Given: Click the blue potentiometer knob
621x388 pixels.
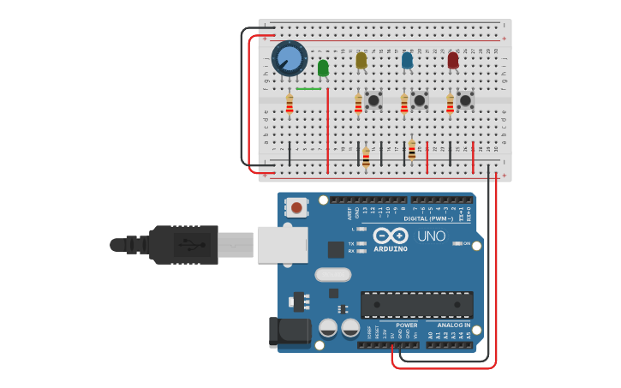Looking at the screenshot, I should pos(290,59).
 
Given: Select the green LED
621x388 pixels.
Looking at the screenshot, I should pos(323,68).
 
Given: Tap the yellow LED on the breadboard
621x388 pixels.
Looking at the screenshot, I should pos(361,60).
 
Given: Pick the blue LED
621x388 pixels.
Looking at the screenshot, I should pos(407,61).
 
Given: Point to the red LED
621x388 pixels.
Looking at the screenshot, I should pos(453,60).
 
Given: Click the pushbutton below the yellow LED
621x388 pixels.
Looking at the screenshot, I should pos(373,100).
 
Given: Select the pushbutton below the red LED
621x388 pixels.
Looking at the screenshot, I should pos(465,100).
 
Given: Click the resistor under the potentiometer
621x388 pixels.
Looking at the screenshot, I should pos(290,104).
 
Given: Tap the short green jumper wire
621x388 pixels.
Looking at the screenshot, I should pos(308,88).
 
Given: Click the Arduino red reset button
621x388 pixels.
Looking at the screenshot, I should pos(296,206).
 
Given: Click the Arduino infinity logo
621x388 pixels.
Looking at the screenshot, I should pos(390,236).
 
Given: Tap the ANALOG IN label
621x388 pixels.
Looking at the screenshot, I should pos(453,325).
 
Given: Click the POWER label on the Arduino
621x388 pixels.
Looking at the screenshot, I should pos(407,325).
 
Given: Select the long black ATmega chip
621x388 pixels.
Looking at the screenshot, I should pos(416,305).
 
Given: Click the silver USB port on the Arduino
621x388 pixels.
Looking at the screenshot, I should pos(282,244).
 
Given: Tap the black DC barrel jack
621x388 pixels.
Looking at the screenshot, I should pos(289,333).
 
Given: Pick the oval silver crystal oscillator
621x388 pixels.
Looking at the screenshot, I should pos(332,275).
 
